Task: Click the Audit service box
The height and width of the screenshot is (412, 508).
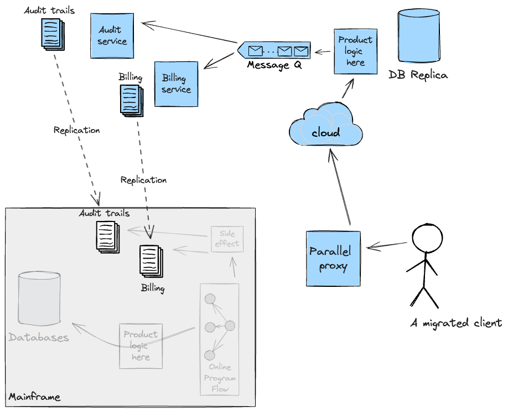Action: [x=112, y=35]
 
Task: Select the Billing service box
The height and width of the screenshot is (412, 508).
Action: [x=176, y=84]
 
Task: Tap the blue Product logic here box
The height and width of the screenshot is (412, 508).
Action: [x=355, y=51]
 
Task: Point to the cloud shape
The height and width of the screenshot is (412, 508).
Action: [x=326, y=128]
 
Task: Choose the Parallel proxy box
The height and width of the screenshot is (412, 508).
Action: [x=333, y=259]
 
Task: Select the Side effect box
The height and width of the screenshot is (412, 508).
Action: [x=227, y=239]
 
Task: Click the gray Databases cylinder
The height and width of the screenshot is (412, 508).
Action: [x=39, y=300]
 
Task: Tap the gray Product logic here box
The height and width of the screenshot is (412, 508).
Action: [x=141, y=346]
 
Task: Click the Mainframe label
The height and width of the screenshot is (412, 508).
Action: [x=34, y=398]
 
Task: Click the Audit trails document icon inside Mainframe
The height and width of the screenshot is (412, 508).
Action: [x=107, y=236]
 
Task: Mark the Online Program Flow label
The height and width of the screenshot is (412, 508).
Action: [x=220, y=378]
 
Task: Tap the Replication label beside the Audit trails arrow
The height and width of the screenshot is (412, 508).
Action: [x=76, y=131]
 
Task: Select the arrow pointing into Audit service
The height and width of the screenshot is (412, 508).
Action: [x=188, y=33]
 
